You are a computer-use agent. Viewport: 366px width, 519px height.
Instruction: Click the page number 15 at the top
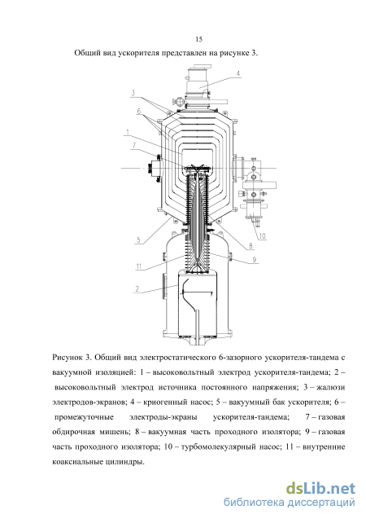(198, 39)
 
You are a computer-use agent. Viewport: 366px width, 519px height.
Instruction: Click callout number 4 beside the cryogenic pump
(237, 73)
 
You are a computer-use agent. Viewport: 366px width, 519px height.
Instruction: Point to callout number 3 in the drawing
(133, 93)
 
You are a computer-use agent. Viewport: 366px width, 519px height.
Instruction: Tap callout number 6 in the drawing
(139, 111)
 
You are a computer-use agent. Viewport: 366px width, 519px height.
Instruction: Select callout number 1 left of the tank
(128, 132)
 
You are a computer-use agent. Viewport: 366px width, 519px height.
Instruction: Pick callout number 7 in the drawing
(133, 145)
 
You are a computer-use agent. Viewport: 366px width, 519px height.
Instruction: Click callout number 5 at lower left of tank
(138, 240)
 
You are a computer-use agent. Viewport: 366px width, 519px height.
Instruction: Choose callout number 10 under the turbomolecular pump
(262, 236)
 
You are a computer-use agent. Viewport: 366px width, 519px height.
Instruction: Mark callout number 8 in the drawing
(251, 245)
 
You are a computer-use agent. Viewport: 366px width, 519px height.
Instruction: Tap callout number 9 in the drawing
(254, 259)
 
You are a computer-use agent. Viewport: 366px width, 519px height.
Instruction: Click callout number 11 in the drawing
(139, 266)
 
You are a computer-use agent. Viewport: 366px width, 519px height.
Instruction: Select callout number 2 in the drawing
(137, 288)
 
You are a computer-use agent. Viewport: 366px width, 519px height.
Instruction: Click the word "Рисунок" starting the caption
(67, 358)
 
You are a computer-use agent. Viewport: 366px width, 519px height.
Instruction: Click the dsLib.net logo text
(320, 489)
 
